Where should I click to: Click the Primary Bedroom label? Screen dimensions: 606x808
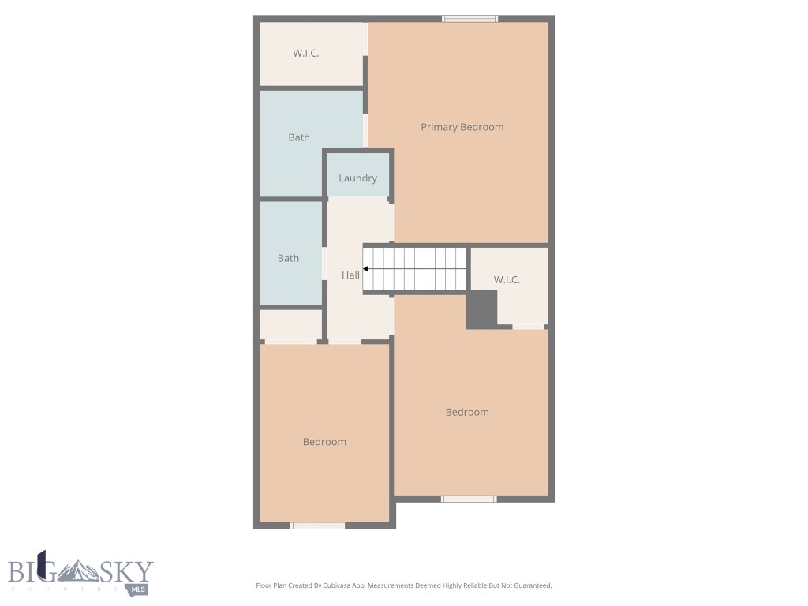pyautogui.click(x=462, y=127)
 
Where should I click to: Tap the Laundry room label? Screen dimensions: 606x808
pyautogui.click(x=357, y=178)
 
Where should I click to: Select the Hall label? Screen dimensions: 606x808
pyautogui.click(x=350, y=275)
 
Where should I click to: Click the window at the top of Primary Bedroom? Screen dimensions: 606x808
pyautogui.click(x=469, y=19)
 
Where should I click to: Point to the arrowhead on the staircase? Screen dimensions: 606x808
pyautogui.click(x=366, y=269)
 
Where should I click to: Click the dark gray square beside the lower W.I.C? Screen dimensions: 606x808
pyautogui.click(x=481, y=309)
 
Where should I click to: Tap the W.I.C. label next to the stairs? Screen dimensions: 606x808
pyautogui.click(x=507, y=280)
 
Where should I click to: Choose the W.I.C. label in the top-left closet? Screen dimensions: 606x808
pyautogui.click(x=305, y=53)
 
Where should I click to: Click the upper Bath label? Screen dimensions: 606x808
pyautogui.click(x=299, y=137)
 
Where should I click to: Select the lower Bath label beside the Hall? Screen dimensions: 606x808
pyautogui.click(x=288, y=258)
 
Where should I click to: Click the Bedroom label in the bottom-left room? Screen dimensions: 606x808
pyautogui.click(x=324, y=442)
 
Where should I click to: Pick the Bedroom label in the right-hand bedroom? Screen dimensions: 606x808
pyautogui.click(x=467, y=412)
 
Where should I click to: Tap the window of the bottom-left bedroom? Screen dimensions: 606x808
pyautogui.click(x=317, y=525)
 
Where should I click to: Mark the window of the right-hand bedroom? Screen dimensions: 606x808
pyautogui.click(x=469, y=499)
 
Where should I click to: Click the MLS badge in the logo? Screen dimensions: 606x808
pyautogui.click(x=139, y=589)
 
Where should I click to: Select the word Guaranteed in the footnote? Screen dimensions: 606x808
pyautogui.click(x=531, y=585)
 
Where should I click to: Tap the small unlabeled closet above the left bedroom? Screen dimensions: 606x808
pyautogui.click(x=291, y=325)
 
